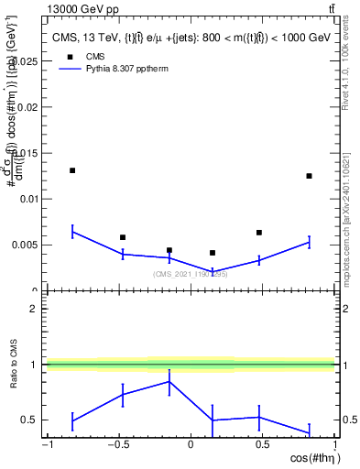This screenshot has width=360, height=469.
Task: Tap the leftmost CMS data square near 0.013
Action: tap(72, 170)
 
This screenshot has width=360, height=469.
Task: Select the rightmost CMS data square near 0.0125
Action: tap(309, 176)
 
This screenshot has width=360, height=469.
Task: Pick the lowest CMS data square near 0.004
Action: tap(213, 253)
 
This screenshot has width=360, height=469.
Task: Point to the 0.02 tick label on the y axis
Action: tap(28, 106)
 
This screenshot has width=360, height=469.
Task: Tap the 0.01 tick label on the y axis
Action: tap(28, 199)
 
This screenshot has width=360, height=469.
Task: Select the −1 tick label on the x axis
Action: tap(47, 445)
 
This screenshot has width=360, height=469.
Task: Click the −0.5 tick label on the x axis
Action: tap(117, 445)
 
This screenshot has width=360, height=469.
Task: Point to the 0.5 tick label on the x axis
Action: tap(262, 445)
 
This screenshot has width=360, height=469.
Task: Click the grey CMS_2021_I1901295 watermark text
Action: tap(190, 274)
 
